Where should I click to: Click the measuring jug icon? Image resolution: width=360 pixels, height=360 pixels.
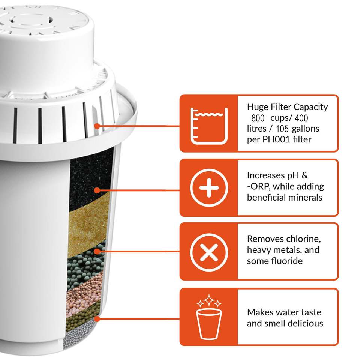tap(209, 126)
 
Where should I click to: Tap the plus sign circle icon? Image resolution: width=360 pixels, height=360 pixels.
tap(209, 188)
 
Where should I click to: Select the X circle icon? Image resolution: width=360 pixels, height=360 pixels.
tap(209, 252)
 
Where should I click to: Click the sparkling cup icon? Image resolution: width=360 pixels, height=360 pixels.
tap(209, 316)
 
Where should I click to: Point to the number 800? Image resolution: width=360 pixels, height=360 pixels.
tap(258, 118)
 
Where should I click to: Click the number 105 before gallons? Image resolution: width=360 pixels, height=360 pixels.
tap(282, 129)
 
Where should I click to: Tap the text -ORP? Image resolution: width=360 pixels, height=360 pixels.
tap(258, 186)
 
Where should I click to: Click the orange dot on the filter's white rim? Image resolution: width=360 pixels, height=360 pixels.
tap(97, 126)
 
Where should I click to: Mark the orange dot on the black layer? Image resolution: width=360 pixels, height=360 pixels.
tap(97, 190)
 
